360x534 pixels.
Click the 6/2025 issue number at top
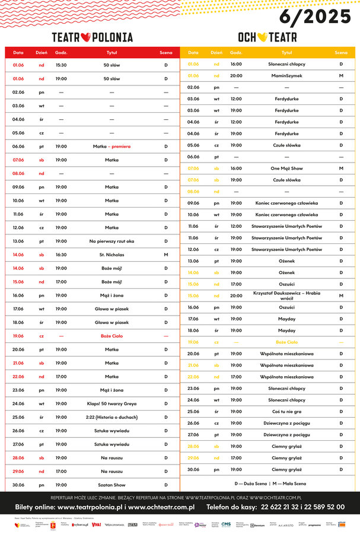[x=315, y=16]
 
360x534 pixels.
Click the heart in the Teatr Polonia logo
[x=84, y=37]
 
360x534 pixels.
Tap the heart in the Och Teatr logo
[x=262, y=37]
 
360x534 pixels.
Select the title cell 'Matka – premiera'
[x=111, y=146]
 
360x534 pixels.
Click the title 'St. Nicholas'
[x=111, y=255]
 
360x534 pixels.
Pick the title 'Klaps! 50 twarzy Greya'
[x=111, y=403]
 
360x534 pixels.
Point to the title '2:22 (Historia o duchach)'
[x=111, y=417]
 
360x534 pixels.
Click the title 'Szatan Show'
[x=111, y=485]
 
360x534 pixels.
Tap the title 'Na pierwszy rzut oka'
[x=111, y=241]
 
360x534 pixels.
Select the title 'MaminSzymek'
[x=286, y=75]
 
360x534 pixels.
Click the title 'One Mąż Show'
[x=286, y=169]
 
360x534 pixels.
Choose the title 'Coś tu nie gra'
[x=286, y=411]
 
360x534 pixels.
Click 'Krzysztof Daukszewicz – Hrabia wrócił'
[x=286, y=295]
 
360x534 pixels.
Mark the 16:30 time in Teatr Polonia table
[x=61, y=255]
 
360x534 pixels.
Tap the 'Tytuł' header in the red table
[x=111, y=52]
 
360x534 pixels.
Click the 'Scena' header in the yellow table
[x=341, y=52]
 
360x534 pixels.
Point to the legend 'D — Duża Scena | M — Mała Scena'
[x=270, y=484]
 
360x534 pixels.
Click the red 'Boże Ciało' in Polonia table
[x=111, y=336]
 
